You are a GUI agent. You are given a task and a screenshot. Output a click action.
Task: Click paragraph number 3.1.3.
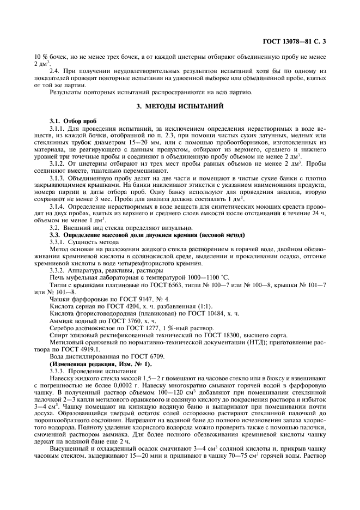[x=57, y=178]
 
